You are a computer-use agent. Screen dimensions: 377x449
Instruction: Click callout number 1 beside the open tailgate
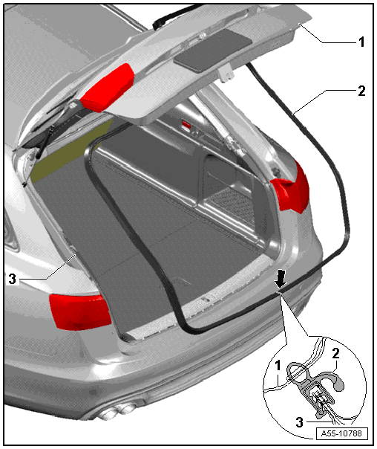click(x=361, y=42)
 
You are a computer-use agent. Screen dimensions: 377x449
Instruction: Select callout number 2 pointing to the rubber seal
click(x=361, y=91)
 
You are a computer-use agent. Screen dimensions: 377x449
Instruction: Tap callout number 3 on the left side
click(x=13, y=279)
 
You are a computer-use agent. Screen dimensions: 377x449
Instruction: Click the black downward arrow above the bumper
click(x=281, y=280)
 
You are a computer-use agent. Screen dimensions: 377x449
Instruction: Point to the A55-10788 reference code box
click(x=342, y=433)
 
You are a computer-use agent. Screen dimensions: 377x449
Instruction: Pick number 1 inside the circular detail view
click(x=278, y=366)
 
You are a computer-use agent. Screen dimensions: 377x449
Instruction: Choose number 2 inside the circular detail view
click(x=335, y=353)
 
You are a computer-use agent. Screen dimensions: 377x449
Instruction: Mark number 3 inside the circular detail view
click(x=299, y=421)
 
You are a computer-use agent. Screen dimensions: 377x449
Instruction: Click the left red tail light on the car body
click(x=80, y=311)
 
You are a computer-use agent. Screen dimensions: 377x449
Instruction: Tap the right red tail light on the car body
click(x=292, y=189)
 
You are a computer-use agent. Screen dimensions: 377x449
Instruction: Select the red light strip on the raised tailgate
click(x=107, y=87)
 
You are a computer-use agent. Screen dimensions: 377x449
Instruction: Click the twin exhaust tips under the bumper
click(x=117, y=412)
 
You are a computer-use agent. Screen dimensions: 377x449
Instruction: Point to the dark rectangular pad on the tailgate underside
click(x=213, y=49)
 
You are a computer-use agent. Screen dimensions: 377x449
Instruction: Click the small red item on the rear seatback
click(x=187, y=124)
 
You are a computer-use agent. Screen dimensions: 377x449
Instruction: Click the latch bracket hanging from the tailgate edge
click(x=227, y=73)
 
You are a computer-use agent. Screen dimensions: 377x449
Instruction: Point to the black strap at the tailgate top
click(x=174, y=15)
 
